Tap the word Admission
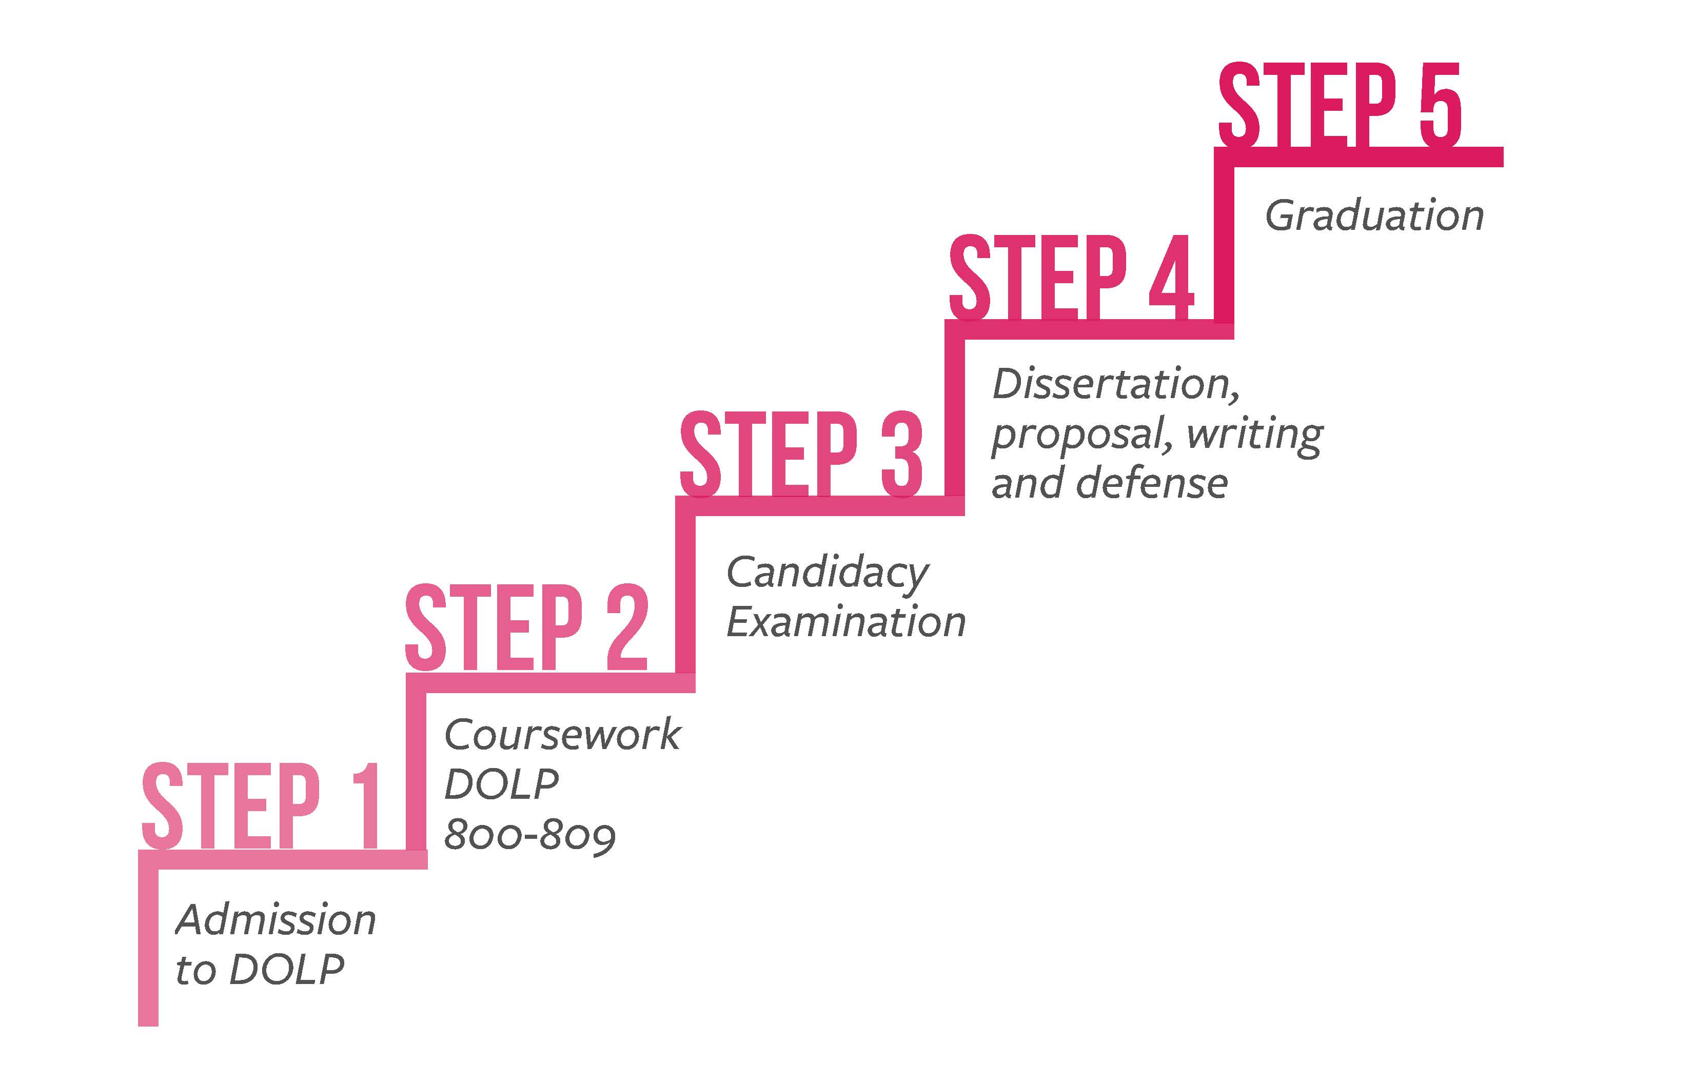pyautogui.click(x=275, y=920)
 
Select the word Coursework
pyautogui.click(x=562, y=735)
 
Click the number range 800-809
pyautogui.click(x=529, y=835)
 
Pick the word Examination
pyautogui.click(x=846, y=623)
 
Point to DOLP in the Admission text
pyautogui.click(x=287, y=970)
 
